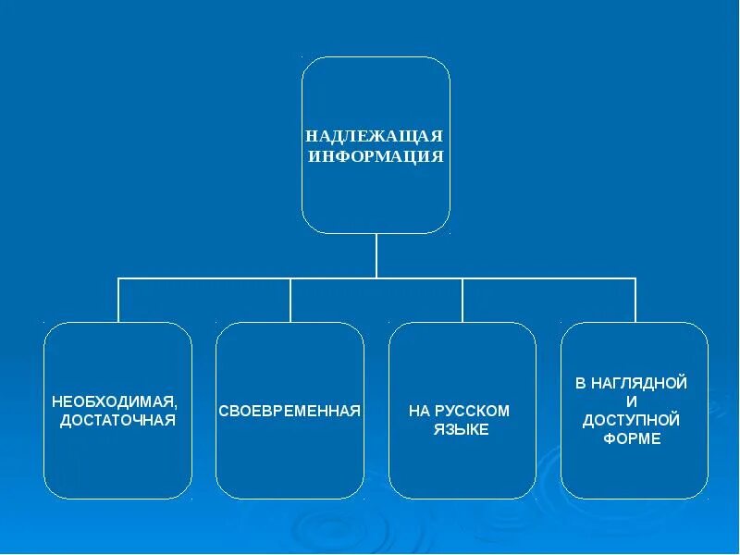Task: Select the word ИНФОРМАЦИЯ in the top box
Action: point(376,156)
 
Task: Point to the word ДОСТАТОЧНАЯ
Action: point(117,421)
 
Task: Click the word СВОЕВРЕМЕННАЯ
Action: point(290,410)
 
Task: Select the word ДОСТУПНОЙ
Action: point(632,420)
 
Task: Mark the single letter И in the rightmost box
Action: point(632,401)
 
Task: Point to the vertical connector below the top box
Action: point(376,254)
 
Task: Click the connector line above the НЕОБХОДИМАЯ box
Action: point(118,300)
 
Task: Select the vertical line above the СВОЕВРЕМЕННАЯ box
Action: point(290,300)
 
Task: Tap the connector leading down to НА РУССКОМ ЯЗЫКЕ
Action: point(462,300)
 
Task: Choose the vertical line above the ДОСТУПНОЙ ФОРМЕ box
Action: point(635,300)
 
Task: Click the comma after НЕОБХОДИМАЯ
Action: point(175,405)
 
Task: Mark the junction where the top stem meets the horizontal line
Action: point(376,277)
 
